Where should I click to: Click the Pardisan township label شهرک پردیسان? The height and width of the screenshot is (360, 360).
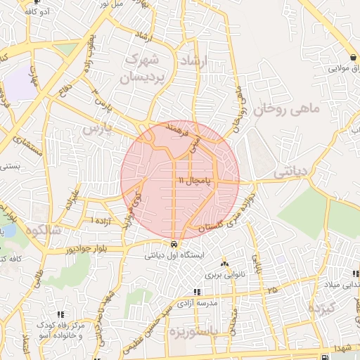point(148,69)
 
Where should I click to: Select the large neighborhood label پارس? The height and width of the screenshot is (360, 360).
point(98,129)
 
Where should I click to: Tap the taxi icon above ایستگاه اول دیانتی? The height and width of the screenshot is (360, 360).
point(174,245)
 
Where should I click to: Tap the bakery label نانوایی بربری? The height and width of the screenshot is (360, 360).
point(224,274)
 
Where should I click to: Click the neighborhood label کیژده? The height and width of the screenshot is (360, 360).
point(324,309)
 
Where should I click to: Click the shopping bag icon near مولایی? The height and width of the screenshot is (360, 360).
point(352,57)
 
